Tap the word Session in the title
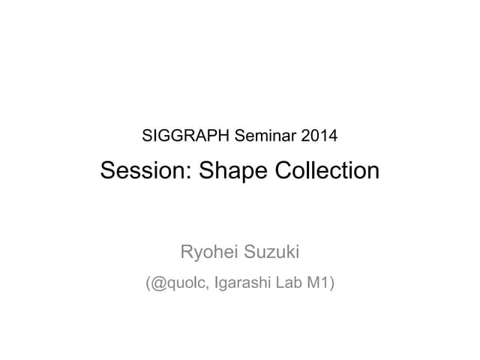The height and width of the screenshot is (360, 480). coord(143,170)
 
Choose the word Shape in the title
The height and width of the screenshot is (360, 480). coord(230,172)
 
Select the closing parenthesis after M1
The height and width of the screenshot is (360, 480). coord(331,284)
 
